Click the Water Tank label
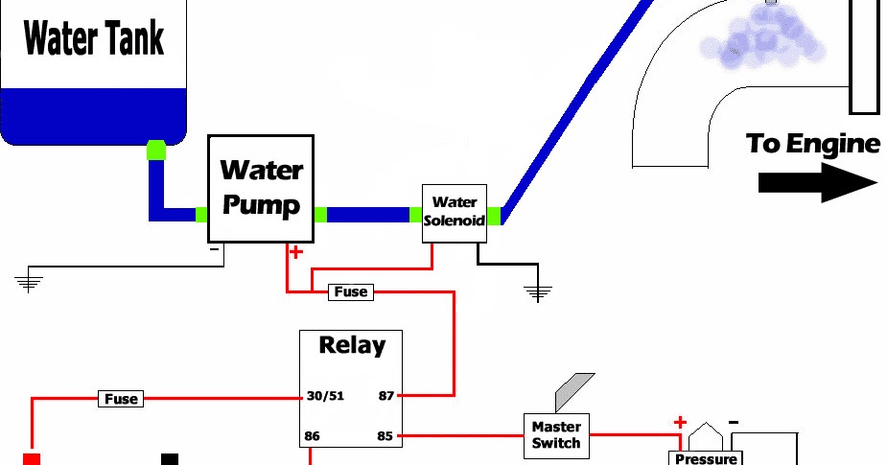(93, 39)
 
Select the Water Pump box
(261, 188)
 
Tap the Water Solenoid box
(454, 212)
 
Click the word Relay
(351, 345)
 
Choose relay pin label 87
(385, 395)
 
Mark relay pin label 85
(385, 435)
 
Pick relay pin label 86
(312, 435)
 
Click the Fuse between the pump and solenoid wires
(350, 291)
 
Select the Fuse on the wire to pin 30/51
(122, 398)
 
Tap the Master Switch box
(556, 434)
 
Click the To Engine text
(812, 144)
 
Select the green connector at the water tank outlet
(155, 151)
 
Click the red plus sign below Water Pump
(295, 253)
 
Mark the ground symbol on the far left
(29, 281)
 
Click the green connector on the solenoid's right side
(493, 215)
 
